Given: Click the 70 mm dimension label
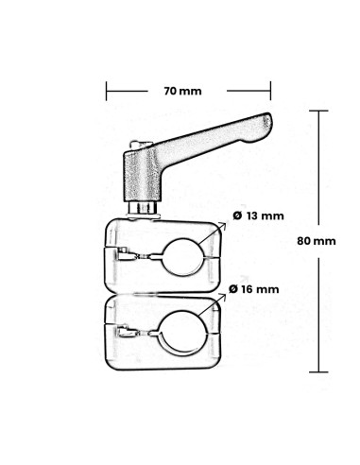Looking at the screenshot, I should click(x=182, y=92).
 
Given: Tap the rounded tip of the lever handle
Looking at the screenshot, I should click(x=266, y=125).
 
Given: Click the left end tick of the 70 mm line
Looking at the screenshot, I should click(x=105, y=92).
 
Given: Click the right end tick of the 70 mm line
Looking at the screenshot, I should click(x=270, y=92).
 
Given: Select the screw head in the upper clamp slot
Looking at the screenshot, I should click(x=123, y=253).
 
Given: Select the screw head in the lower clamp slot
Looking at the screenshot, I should click(x=125, y=332).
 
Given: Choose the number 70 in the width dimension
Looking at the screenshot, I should click(x=171, y=92).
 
